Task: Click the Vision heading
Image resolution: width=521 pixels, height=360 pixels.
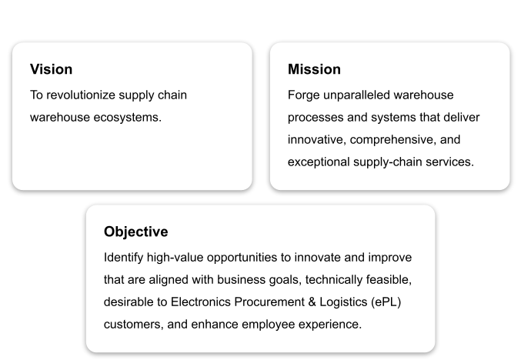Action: tap(51, 69)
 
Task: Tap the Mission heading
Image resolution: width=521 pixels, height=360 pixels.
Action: tap(314, 69)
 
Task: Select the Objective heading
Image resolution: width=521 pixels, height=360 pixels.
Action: tap(136, 232)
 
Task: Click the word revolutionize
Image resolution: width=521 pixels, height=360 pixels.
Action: tap(81, 95)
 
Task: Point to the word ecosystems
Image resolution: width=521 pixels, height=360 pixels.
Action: tap(128, 118)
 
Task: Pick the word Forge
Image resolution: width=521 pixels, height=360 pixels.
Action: tap(304, 95)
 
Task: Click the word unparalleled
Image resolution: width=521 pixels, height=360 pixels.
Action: tap(356, 95)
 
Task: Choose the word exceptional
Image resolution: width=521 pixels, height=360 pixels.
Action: tap(319, 162)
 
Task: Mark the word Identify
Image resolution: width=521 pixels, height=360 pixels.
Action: tap(123, 258)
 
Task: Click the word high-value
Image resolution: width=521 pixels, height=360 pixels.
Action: tap(175, 258)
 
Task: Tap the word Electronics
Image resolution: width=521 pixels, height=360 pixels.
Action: tap(201, 302)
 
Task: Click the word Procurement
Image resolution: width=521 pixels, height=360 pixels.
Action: tap(269, 302)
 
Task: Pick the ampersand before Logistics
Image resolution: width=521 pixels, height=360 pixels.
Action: tap(312, 302)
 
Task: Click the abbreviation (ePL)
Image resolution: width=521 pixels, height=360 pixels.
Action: tap(386, 302)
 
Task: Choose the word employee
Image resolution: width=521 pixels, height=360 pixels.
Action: tap(268, 325)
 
